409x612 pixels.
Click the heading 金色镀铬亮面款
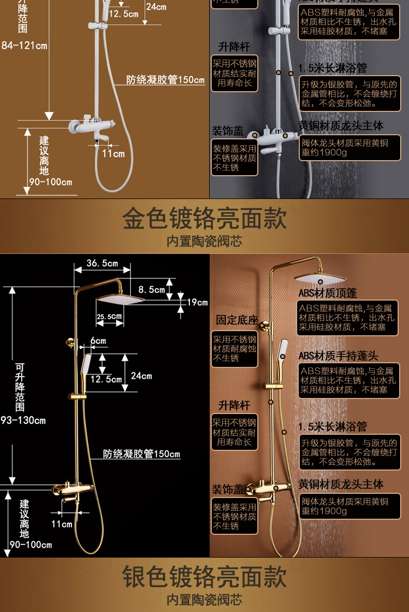[204, 219]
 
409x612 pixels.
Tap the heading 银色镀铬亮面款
[204, 577]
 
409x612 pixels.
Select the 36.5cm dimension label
[102, 263]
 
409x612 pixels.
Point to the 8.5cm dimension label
[152, 290]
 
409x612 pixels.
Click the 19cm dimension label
[197, 302]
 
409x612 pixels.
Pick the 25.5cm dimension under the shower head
[109, 316]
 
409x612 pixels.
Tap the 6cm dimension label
[98, 340]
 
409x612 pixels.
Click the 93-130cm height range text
[23, 420]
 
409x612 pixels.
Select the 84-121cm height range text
[24, 46]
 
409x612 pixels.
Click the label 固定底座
[237, 320]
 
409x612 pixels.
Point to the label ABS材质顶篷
[327, 293]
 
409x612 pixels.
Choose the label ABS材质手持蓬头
[338, 355]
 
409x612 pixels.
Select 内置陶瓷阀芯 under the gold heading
[204, 241]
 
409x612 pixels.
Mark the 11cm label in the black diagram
[62, 524]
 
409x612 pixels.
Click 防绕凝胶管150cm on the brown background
[166, 80]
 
